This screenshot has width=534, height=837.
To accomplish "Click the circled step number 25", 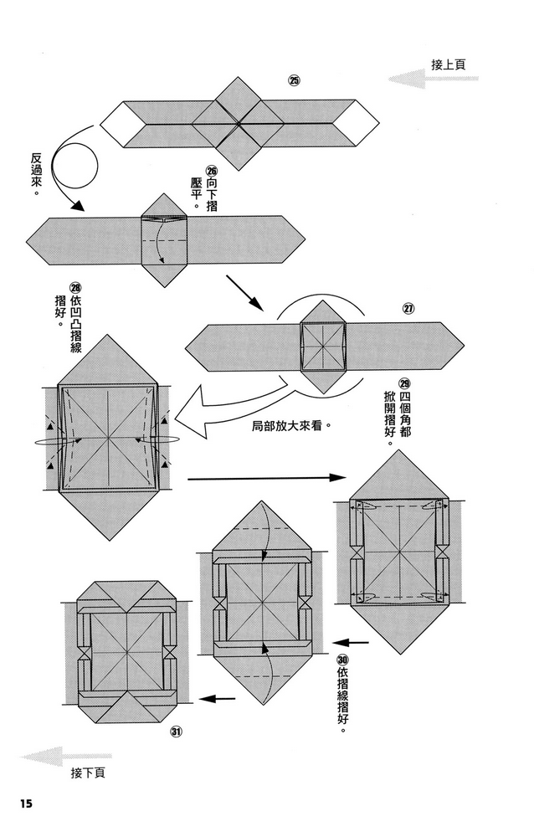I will pos(294,81).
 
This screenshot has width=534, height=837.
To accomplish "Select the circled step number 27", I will pos(408,308).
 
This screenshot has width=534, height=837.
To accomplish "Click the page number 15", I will pos(24,804).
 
